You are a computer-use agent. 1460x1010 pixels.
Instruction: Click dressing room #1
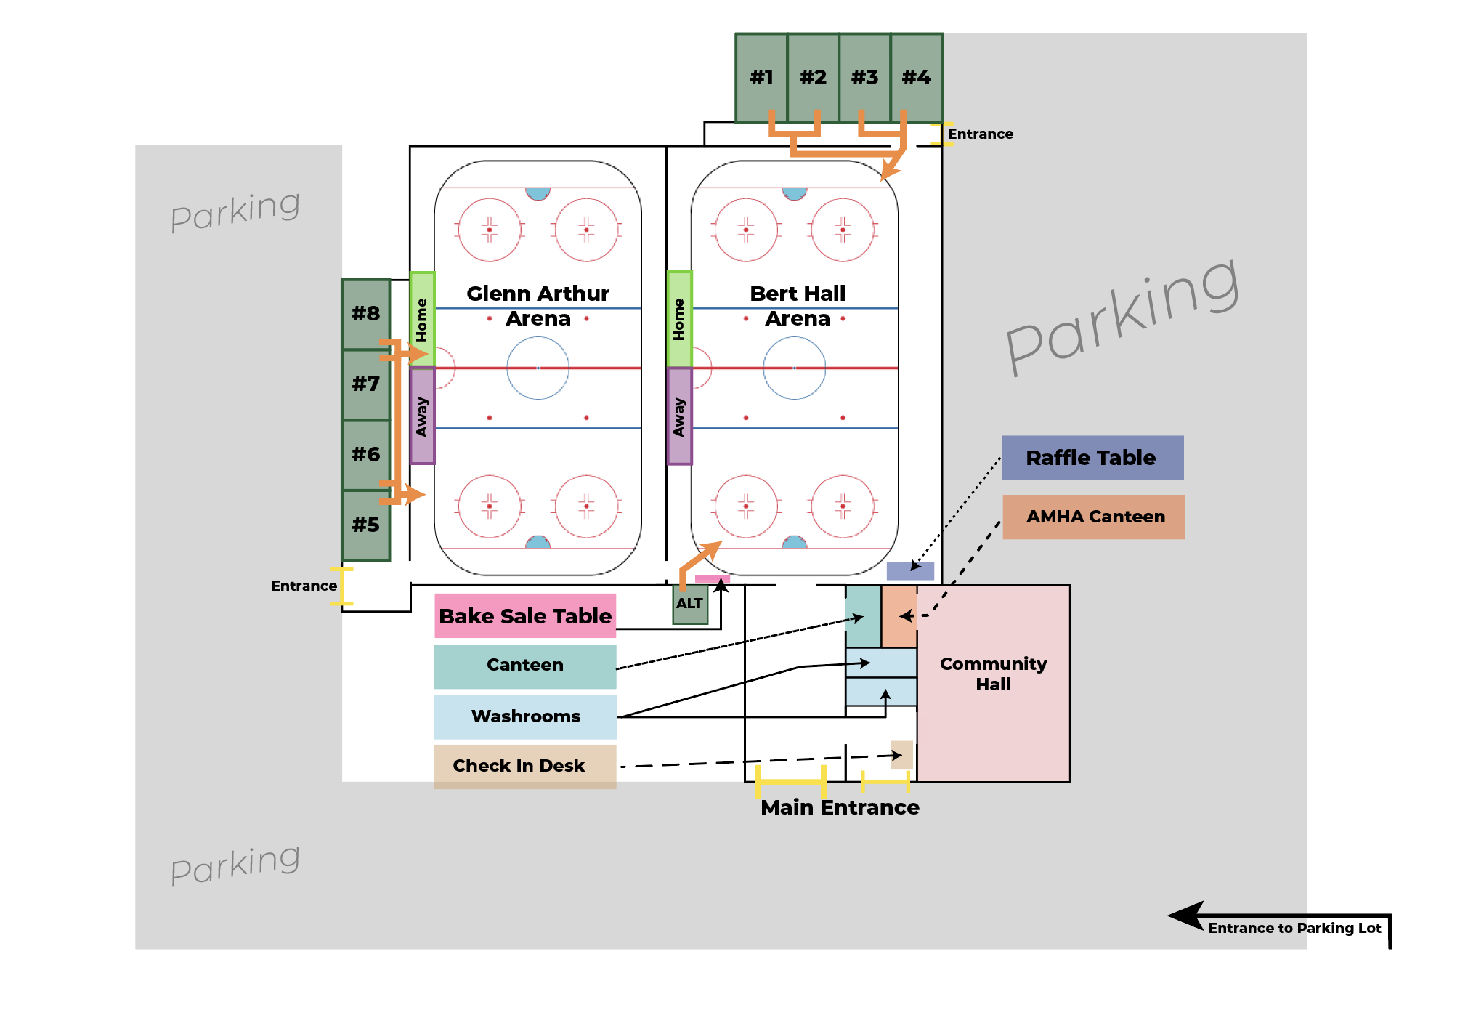coord(761,77)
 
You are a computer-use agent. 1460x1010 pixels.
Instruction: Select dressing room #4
coord(916,77)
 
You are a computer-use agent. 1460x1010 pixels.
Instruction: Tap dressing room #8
coord(366,314)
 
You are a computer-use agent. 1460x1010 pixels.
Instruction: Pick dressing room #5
coord(366,525)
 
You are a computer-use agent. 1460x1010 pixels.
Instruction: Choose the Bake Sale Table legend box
coord(525,616)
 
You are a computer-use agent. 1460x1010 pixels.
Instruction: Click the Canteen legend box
coord(525,666)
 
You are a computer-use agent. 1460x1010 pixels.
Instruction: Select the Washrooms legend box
coord(525,716)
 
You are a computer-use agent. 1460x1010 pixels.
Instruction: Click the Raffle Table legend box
coord(1092,458)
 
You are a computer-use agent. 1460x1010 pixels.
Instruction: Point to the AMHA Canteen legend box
coord(1094,517)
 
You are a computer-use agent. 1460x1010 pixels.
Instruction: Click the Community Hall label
coord(993,674)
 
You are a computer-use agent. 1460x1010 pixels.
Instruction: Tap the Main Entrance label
coord(840,807)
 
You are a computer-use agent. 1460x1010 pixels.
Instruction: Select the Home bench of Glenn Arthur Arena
coord(422,319)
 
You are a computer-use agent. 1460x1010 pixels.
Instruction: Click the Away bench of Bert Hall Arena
coord(679,416)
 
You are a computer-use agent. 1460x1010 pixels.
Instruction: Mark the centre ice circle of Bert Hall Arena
coord(795,368)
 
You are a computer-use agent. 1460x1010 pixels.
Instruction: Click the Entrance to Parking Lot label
coord(1294,928)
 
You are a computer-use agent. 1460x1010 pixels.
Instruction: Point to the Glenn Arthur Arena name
coord(538,306)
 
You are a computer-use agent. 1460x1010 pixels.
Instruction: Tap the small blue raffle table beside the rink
coord(909,570)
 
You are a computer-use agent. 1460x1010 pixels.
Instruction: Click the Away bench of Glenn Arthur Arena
coord(422,416)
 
